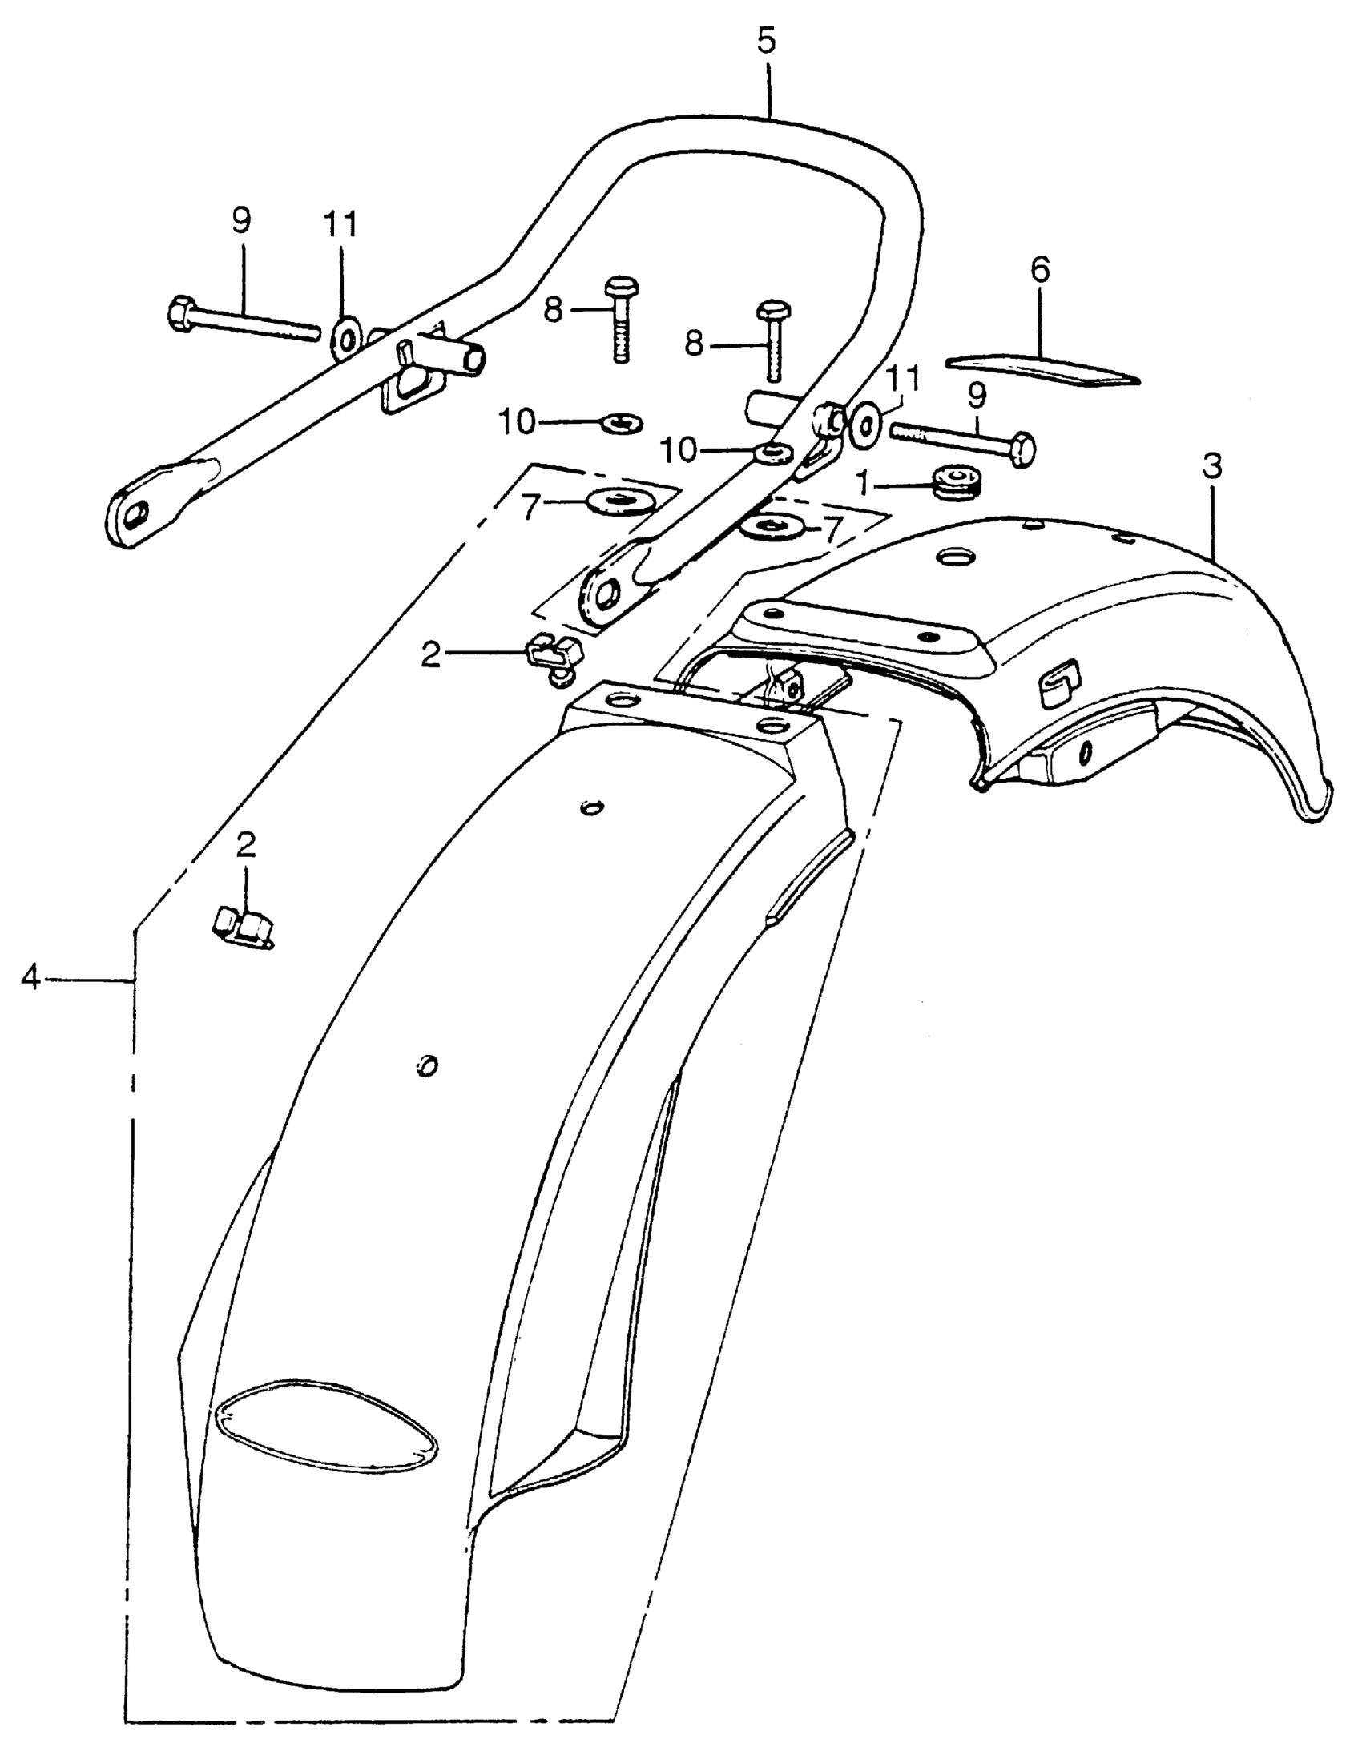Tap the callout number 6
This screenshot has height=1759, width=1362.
1040,270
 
